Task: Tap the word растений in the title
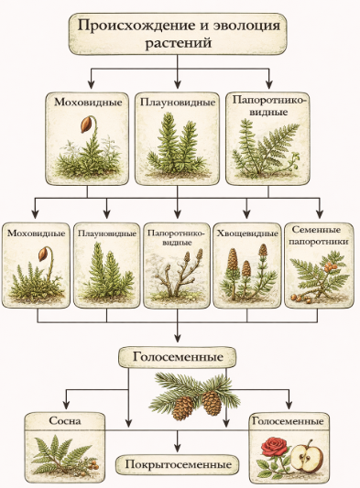(x=179, y=43)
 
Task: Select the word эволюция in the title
(x=246, y=26)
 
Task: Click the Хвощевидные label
(x=247, y=233)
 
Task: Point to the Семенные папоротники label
(x=320, y=235)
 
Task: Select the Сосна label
(x=65, y=421)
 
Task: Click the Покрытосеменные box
(x=178, y=465)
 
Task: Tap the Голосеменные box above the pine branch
(x=177, y=357)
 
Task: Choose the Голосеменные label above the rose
(x=288, y=421)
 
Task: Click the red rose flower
(x=273, y=447)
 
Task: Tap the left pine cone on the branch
(x=183, y=407)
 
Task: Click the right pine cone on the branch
(x=212, y=403)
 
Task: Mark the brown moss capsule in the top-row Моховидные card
(x=86, y=124)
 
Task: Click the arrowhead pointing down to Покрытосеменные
(x=178, y=448)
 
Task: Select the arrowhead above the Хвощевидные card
(x=247, y=214)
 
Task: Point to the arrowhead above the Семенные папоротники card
(x=319, y=214)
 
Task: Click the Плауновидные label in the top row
(x=178, y=102)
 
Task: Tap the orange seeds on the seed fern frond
(x=328, y=266)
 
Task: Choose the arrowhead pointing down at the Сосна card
(x=66, y=405)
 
